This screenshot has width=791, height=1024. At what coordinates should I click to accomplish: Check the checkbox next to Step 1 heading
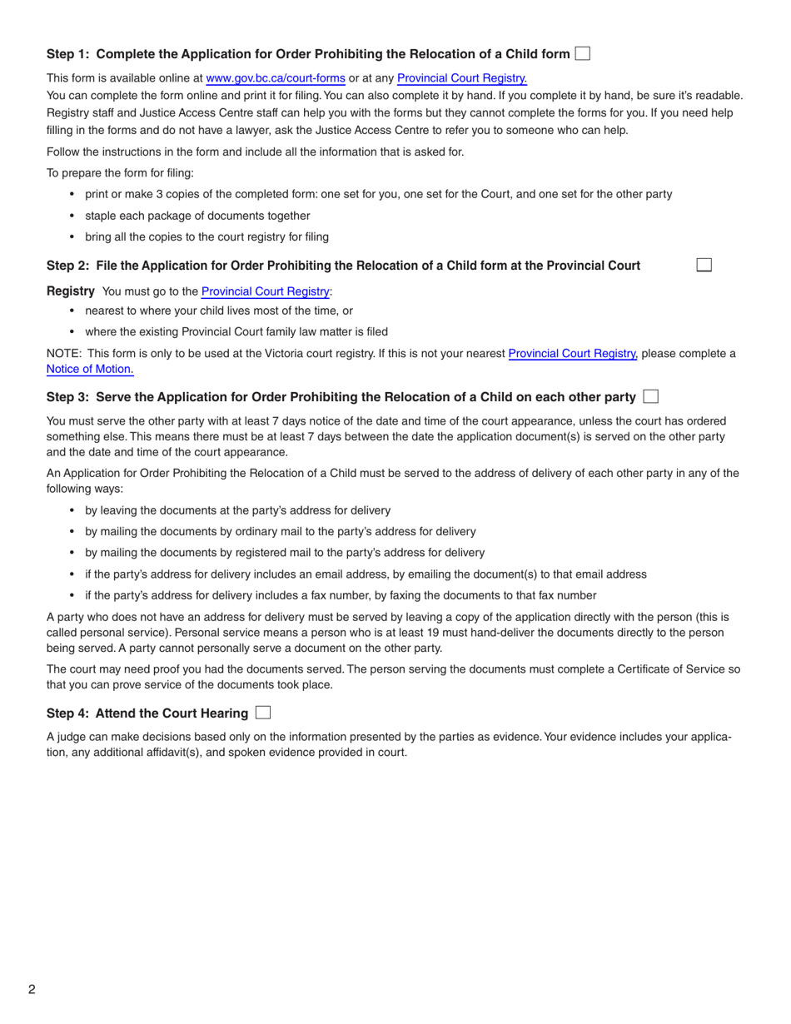point(582,54)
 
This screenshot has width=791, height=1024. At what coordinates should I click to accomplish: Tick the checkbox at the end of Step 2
point(704,265)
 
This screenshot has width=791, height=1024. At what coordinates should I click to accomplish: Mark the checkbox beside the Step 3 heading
point(650,397)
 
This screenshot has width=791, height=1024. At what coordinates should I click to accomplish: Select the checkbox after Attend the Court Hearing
point(263,713)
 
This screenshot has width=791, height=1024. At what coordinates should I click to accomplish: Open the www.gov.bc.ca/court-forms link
point(275,79)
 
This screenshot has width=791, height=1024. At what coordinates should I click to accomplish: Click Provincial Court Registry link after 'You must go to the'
point(266,291)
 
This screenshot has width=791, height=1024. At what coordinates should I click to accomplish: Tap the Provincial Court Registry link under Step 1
point(461,79)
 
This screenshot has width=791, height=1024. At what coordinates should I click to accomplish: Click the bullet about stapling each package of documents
point(197,215)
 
